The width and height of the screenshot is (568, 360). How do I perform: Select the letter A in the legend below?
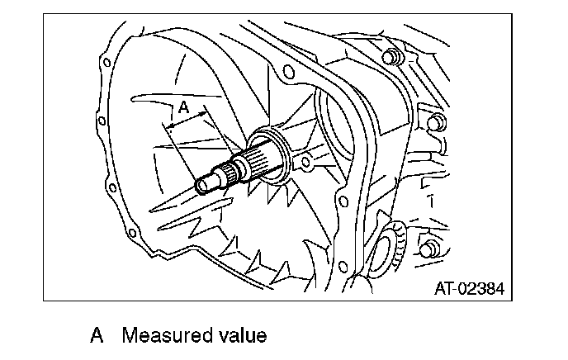97,336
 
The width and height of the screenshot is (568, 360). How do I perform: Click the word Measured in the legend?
165,336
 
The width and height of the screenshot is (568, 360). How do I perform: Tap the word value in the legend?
239,336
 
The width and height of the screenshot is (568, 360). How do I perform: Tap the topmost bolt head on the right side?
393,57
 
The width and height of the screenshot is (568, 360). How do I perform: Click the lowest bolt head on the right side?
427,249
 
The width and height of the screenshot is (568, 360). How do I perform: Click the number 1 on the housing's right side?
430,200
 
